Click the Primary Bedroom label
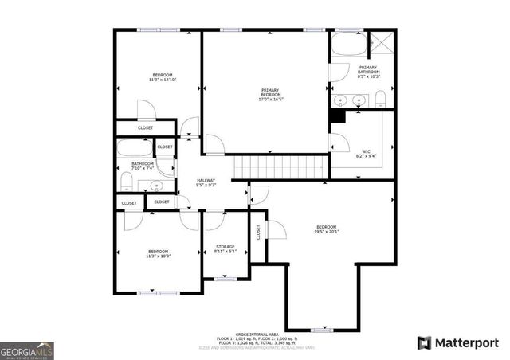point(270,94)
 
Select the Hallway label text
point(206,182)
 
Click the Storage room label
point(226,249)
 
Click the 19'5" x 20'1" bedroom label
point(327,229)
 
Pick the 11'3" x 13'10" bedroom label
point(161,77)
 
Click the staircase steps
point(280,166)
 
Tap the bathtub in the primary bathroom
point(347,45)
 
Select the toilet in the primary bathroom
point(381,99)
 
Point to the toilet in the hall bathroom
point(126,182)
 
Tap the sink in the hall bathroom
point(156,186)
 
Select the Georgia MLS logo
point(26,350)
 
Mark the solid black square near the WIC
point(337,115)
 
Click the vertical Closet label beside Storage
point(258,232)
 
